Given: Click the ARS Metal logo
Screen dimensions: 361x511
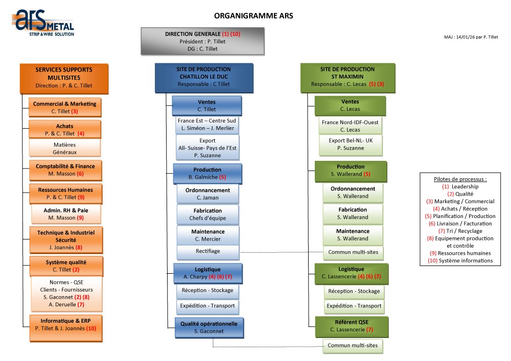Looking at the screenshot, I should [43, 23].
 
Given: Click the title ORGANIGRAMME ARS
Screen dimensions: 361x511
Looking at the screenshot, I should [253, 16].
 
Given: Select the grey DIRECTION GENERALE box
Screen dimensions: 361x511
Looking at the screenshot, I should [202, 41].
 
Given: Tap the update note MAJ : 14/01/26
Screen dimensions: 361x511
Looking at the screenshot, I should [471, 37].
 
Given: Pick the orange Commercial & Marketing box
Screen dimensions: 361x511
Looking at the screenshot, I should [64, 107].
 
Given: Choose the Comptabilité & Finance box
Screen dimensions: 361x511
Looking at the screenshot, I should [65, 170].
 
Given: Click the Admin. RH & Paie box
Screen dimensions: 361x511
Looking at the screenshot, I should [66, 213].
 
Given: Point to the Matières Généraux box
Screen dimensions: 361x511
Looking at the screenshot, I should [64, 148].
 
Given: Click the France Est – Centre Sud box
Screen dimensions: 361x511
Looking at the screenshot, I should [206, 124].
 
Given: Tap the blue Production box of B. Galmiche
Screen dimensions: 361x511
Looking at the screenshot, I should [207, 173].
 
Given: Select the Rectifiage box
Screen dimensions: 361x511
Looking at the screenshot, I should [207, 251].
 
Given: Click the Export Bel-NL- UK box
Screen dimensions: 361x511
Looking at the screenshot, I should [350, 144].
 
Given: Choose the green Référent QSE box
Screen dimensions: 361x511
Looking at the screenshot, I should [351, 325].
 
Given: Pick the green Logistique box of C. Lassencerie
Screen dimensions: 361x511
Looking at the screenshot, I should [351, 273].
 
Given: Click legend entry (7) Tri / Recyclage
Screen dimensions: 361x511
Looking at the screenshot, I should [460, 231].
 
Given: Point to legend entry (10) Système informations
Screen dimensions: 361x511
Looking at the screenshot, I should [460, 260].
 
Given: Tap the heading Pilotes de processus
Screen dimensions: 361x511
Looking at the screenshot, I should [460, 179].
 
